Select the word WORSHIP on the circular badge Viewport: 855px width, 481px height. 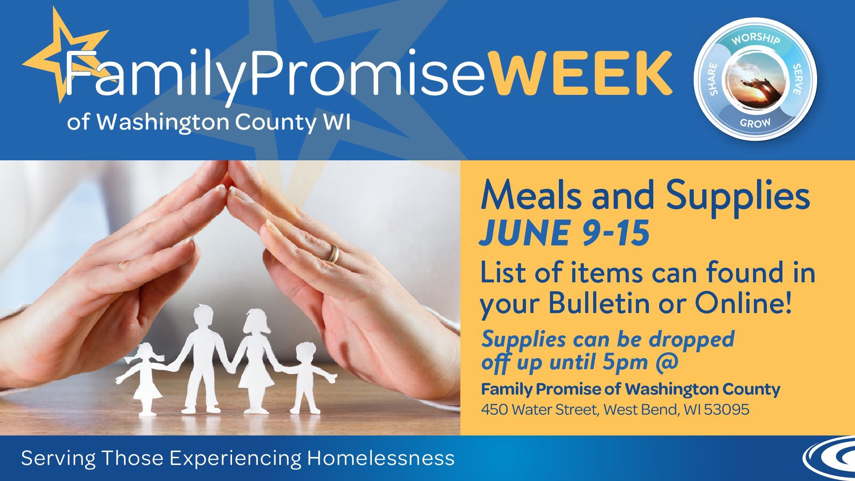click(x=756, y=39)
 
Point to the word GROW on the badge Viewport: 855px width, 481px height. click(x=755, y=122)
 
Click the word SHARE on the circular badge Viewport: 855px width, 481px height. click(x=712, y=79)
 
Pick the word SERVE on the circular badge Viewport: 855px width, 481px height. click(x=797, y=79)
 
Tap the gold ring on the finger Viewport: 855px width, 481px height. click(x=333, y=253)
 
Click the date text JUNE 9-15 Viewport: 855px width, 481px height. click(x=564, y=232)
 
